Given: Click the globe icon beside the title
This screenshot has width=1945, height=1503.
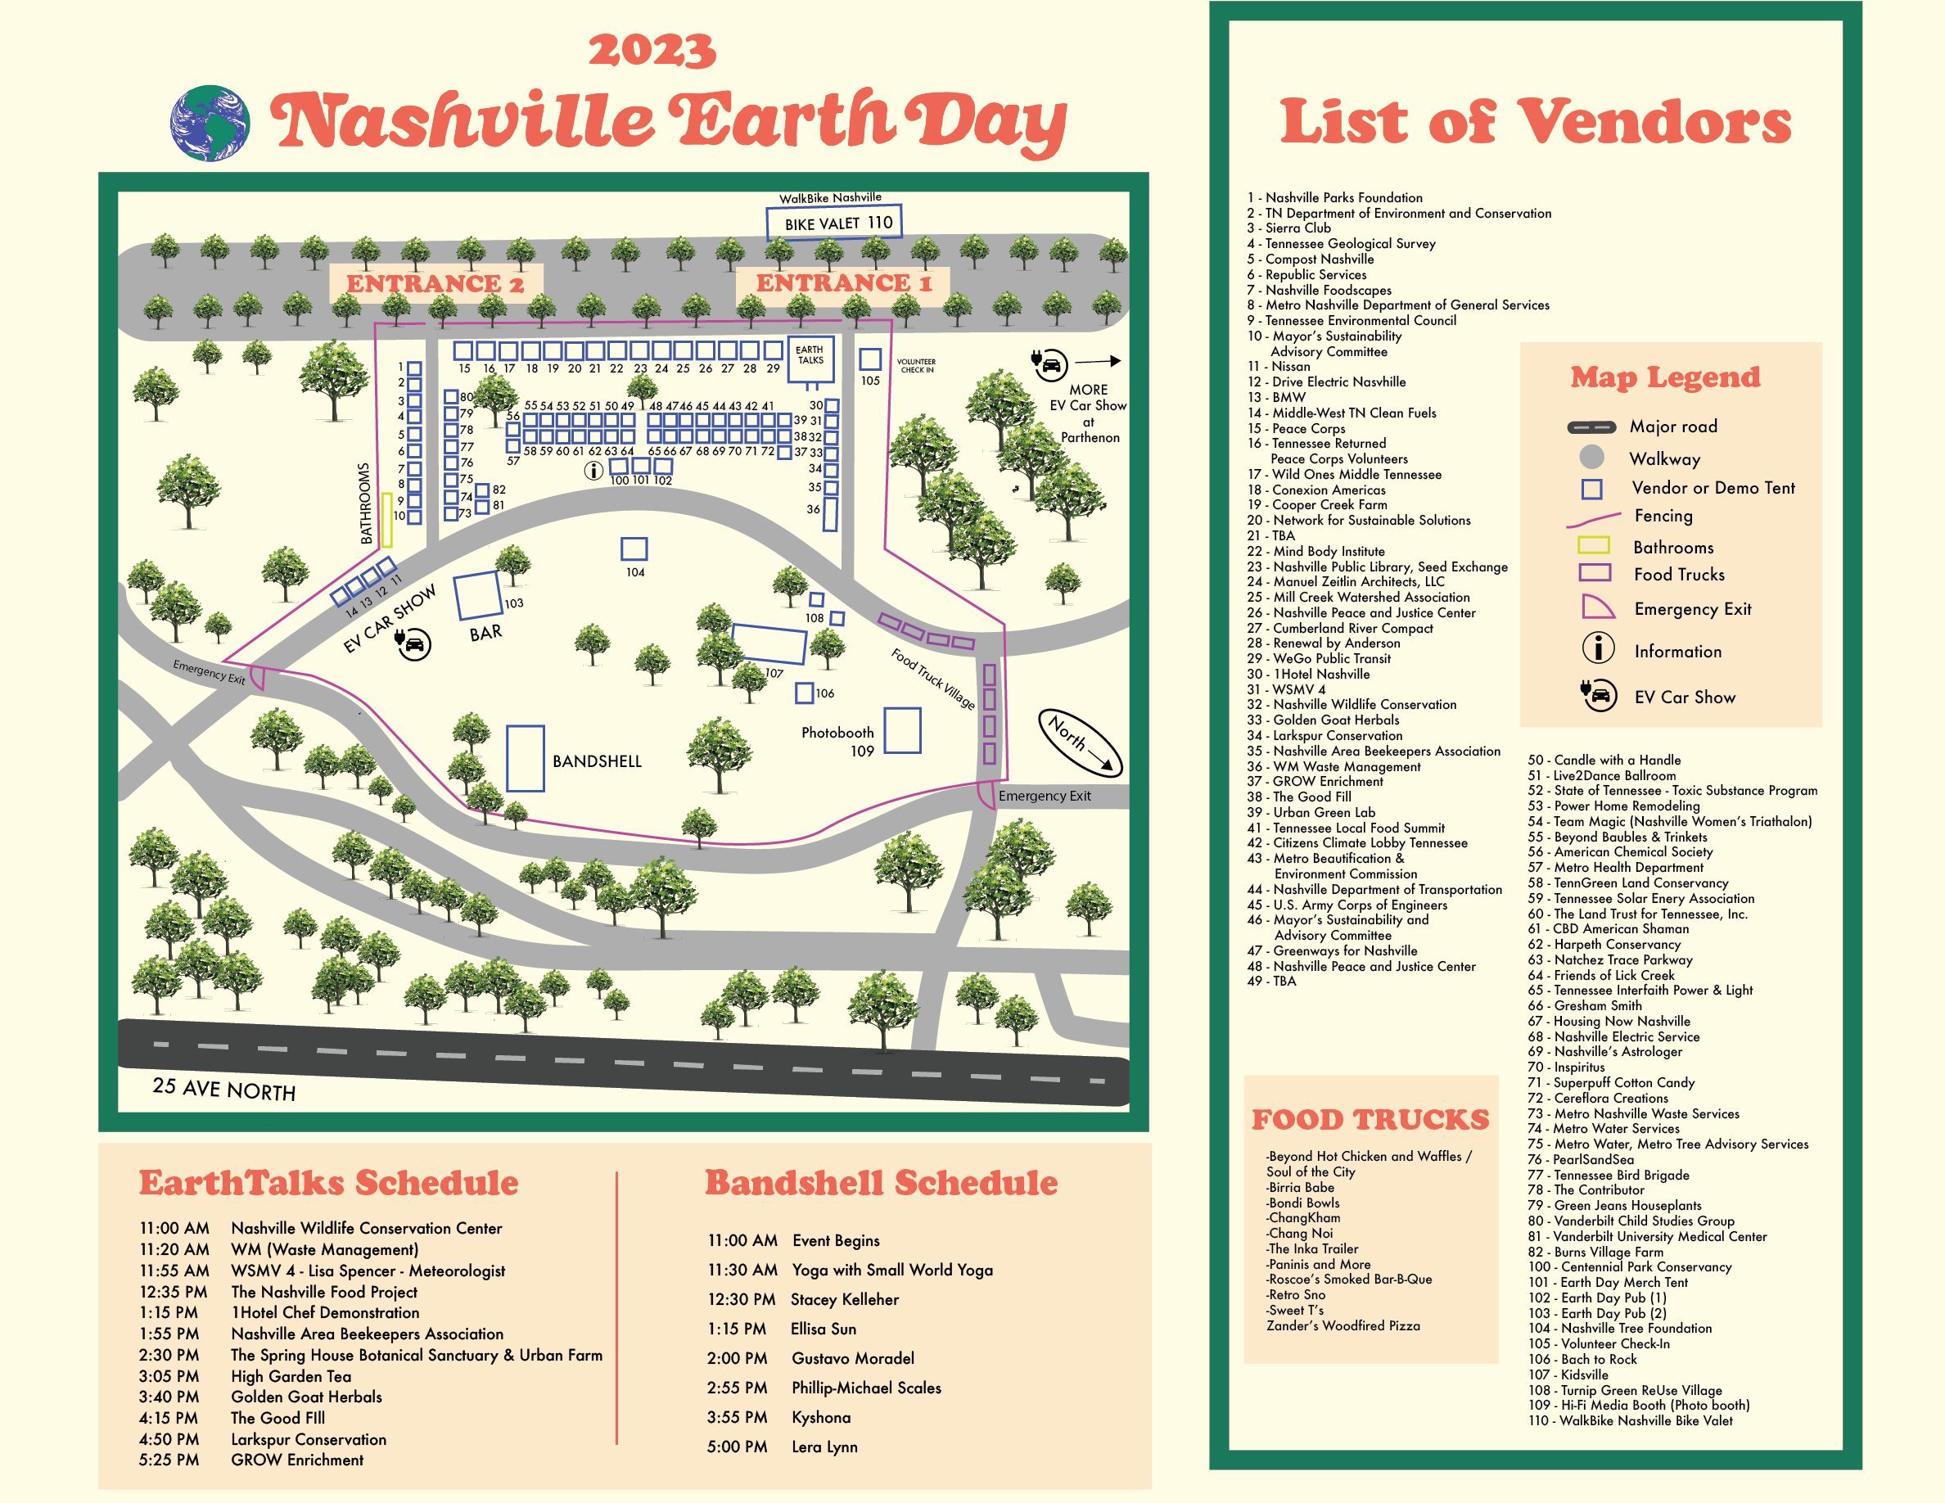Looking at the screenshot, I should (x=210, y=123).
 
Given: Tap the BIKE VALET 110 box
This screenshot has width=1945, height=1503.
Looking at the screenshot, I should (x=833, y=223).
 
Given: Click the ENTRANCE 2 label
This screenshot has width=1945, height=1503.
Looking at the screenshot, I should (x=435, y=284).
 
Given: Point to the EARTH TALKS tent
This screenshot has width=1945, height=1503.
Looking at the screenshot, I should (x=810, y=358).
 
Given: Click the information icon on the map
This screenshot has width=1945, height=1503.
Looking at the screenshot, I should (x=593, y=471).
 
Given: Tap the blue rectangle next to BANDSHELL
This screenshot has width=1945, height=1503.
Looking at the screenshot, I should (x=526, y=758).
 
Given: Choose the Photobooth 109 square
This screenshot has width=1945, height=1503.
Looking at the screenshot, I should (x=902, y=730).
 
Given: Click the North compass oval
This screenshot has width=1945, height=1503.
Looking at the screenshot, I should (x=1081, y=742).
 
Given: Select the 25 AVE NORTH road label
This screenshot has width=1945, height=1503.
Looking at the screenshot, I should (x=223, y=1089).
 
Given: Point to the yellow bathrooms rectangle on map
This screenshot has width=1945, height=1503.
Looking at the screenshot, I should (x=386, y=520).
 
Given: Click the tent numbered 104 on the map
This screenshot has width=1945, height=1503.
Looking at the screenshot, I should (x=634, y=548).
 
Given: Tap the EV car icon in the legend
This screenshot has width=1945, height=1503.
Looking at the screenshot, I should (x=1599, y=695).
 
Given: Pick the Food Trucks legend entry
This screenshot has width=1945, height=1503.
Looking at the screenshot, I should (x=1679, y=575).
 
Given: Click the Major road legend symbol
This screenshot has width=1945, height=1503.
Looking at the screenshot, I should (x=1591, y=427).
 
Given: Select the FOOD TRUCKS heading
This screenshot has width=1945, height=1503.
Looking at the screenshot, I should (x=1370, y=1119).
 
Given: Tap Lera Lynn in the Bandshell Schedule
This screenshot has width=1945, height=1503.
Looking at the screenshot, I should (x=824, y=1447).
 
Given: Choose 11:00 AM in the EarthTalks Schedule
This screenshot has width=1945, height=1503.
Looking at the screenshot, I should (x=174, y=1228).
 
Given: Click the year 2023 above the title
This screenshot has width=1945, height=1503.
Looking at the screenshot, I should (x=652, y=51).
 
